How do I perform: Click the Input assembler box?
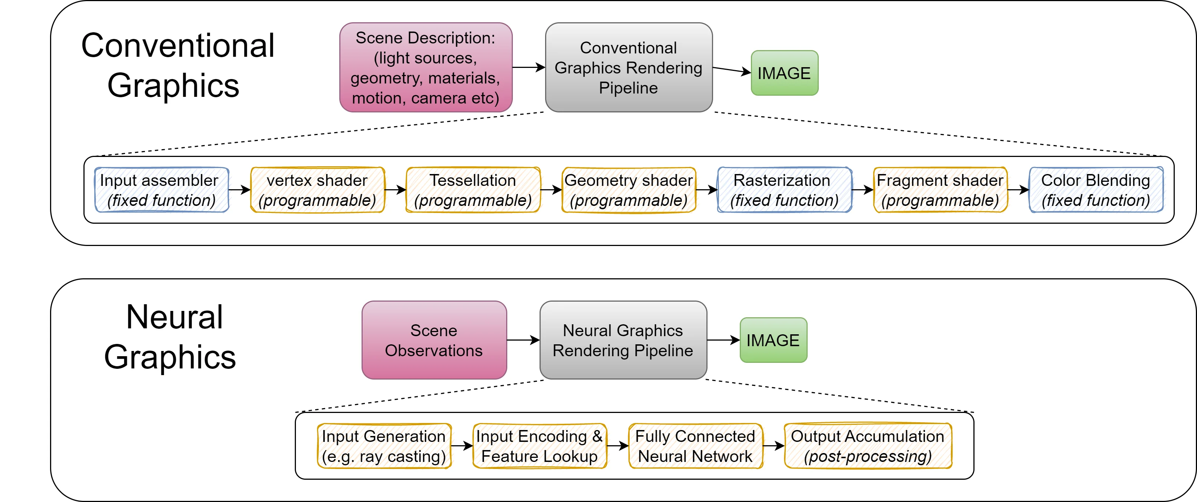[x=161, y=190]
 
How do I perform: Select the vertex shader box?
[x=317, y=190]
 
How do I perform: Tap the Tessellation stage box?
[x=473, y=190]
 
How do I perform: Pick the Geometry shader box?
[x=629, y=190]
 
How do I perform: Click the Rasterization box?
[x=784, y=190]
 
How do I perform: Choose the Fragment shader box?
[x=940, y=190]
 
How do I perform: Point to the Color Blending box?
[x=1096, y=190]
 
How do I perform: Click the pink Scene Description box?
[x=426, y=68]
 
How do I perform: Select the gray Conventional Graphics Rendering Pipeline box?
[x=628, y=68]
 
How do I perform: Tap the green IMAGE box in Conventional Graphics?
[x=784, y=73]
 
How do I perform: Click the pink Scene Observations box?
[x=434, y=340]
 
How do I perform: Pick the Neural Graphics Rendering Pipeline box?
[x=623, y=340]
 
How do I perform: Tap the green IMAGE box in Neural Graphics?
[x=773, y=340]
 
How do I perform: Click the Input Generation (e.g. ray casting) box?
[x=384, y=446]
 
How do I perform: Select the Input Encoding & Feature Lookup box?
[x=540, y=446]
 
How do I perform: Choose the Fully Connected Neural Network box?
[x=695, y=446]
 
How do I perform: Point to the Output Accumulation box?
[x=868, y=446]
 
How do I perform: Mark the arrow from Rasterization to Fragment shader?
[x=863, y=190]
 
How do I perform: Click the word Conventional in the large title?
[x=178, y=46]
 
